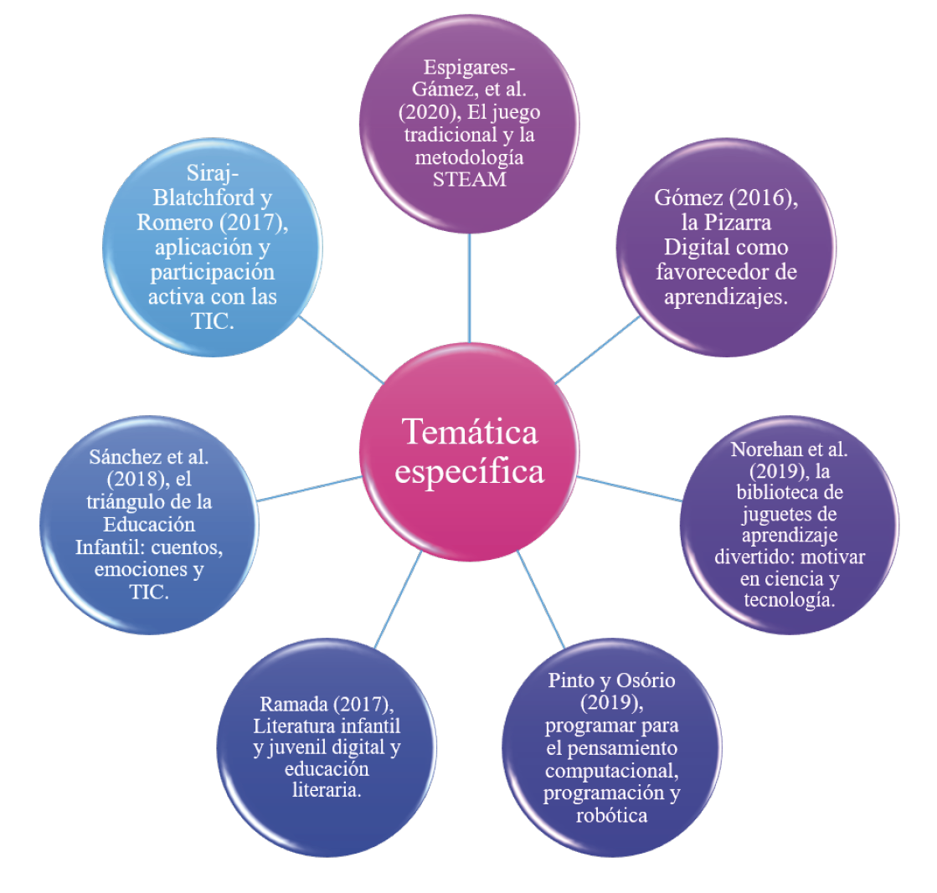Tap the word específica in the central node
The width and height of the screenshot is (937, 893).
tap(469, 471)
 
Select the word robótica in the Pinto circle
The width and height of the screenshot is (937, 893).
tap(611, 815)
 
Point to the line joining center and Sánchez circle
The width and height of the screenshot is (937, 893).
tap(310, 489)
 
